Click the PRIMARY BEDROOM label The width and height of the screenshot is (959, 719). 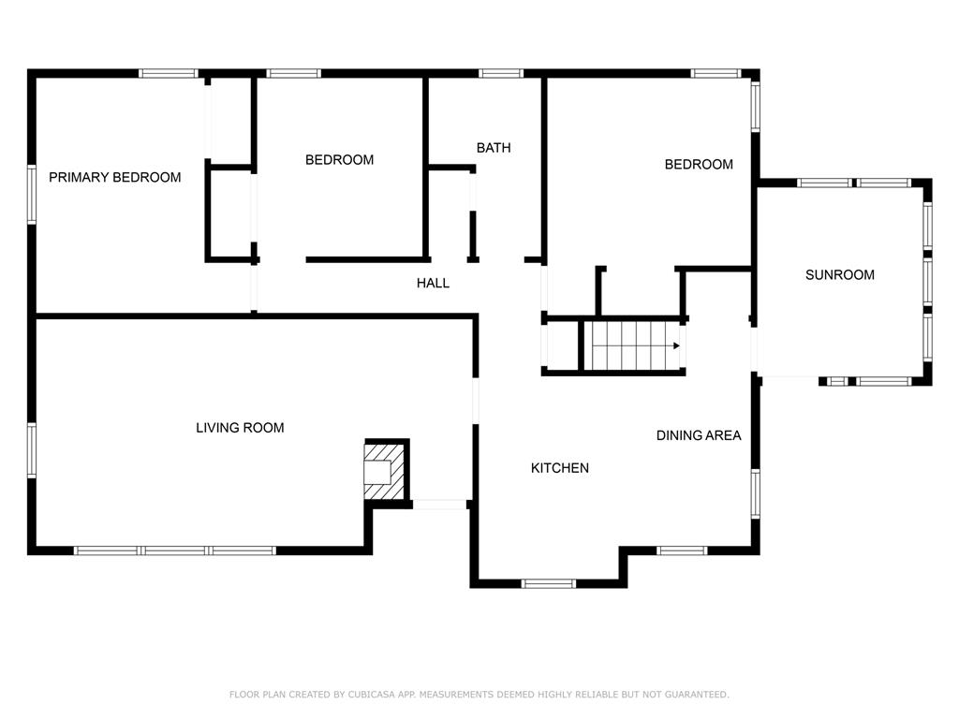pos(115,177)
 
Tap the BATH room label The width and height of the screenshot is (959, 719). pos(494,148)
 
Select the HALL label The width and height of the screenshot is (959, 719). pos(433,283)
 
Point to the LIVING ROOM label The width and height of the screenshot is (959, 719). pos(240,428)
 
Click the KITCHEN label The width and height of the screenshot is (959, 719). pos(560,468)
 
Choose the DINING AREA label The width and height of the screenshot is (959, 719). pos(699,435)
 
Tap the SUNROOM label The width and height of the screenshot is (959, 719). pos(840,275)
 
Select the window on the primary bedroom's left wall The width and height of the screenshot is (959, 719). pos(31,195)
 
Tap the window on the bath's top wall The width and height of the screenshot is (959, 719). pos(501,73)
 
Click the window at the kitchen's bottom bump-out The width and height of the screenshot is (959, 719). pos(549,584)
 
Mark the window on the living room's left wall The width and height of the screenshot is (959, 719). pos(31,450)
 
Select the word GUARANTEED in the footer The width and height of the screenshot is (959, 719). pos(697,695)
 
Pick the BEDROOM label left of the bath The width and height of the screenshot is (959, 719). pos(339,160)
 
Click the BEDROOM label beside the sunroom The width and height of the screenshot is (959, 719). pos(699,165)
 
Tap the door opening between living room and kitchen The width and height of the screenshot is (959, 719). pos(475,401)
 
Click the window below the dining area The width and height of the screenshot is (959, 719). pos(682,550)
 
